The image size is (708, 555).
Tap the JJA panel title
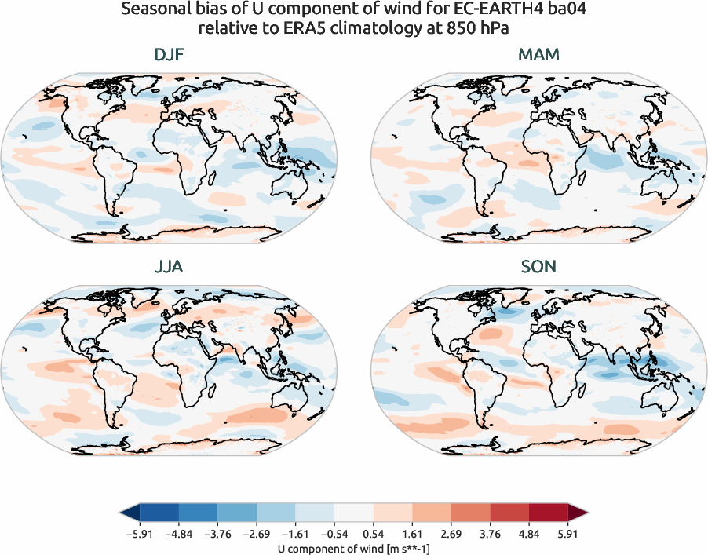coord(169,267)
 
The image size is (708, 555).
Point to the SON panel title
coord(538,267)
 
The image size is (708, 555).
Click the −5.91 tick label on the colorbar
coord(139,533)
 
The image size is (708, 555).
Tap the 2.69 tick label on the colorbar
coord(451,533)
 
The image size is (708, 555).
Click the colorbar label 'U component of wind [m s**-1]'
coord(353,548)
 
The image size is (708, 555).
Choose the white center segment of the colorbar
coord(354,514)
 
